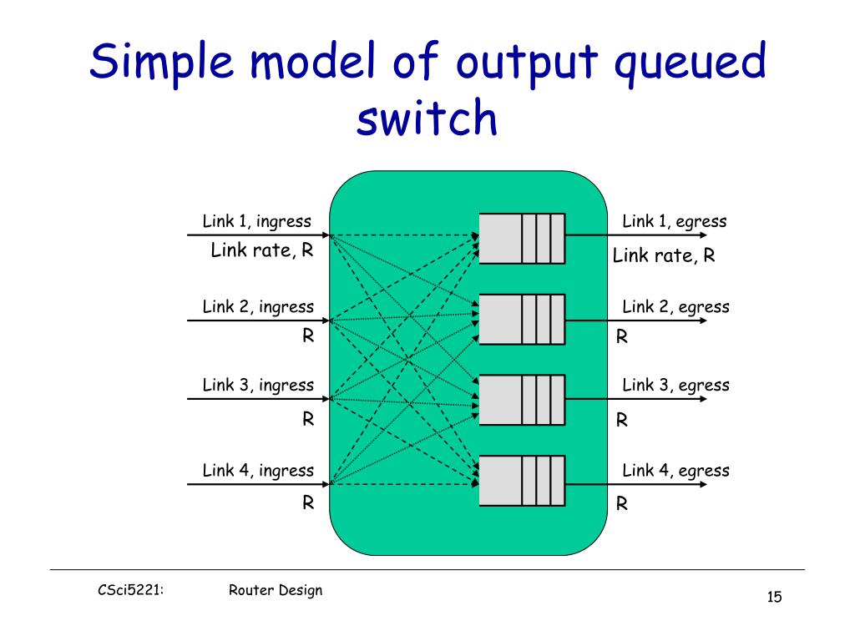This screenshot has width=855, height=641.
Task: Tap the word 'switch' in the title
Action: click(x=427, y=119)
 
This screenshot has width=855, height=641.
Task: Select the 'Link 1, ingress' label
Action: click(x=256, y=221)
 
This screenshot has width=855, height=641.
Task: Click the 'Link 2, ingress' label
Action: click(x=258, y=306)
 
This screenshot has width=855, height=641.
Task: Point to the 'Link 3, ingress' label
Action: click(x=258, y=385)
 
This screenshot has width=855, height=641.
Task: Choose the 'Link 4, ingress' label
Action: click(x=258, y=470)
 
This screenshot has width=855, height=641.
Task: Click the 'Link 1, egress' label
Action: click(x=674, y=221)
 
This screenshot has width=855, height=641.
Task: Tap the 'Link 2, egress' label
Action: click(x=675, y=306)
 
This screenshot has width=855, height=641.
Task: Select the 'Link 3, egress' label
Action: click(x=675, y=385)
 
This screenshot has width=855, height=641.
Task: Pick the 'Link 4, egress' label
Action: click(x=675, y=470)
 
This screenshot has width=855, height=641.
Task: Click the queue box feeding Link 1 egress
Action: click(x=522, y=238)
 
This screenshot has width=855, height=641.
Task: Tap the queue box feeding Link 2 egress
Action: click(x=522, y=320)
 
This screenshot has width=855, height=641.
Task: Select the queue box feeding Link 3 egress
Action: click(x=522, y=400)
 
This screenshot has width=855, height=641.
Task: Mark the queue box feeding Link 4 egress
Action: click(x=522, y=481)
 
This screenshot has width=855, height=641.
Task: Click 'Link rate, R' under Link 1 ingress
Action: click(x=262, y=250)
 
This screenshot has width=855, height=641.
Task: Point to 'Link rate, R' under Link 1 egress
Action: click(x=664, y=255)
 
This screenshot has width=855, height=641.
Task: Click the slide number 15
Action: click(x=774, y=597)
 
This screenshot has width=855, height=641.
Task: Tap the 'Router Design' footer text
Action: click(x=275, y=590)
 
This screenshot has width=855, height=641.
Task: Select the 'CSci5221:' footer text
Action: click(x=129, y=590)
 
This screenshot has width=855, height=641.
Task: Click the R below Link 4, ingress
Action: click(x=308, y=503)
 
